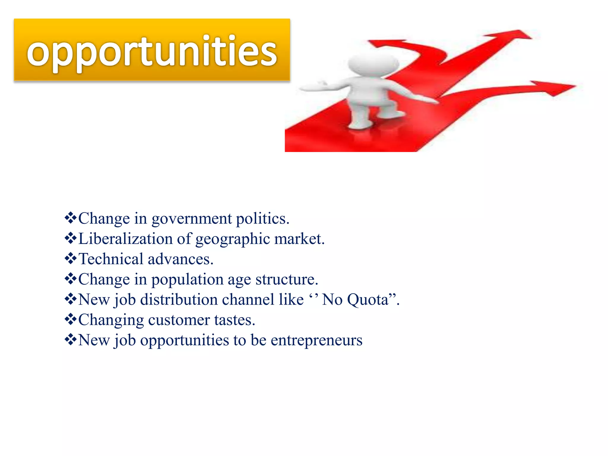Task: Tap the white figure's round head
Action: point(373,63)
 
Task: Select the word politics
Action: point(262,219)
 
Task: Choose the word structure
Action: point(286,280)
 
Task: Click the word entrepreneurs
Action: point(316,341)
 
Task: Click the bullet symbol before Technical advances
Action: point(71,259)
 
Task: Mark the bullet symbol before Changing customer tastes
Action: point(71,319)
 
